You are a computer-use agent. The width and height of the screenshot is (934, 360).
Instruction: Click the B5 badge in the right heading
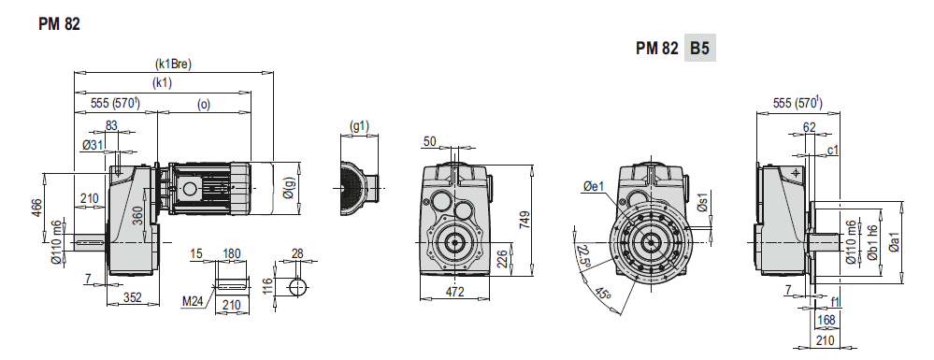point(699,49)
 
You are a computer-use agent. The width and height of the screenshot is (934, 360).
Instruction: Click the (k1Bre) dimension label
point(173,64)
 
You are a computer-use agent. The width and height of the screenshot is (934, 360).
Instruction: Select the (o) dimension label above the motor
point(203,104)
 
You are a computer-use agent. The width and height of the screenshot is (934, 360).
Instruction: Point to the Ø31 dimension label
point(93,145)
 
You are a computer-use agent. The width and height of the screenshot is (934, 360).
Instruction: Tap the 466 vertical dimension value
point(37,208)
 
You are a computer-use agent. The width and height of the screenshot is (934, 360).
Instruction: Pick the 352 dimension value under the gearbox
point(132,297)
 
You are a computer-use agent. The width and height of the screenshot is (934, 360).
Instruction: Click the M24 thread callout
point(193,303)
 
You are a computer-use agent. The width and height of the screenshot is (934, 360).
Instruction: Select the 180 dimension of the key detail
point(231,254)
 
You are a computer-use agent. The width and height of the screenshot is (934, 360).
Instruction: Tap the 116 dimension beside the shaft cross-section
point(267,287)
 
